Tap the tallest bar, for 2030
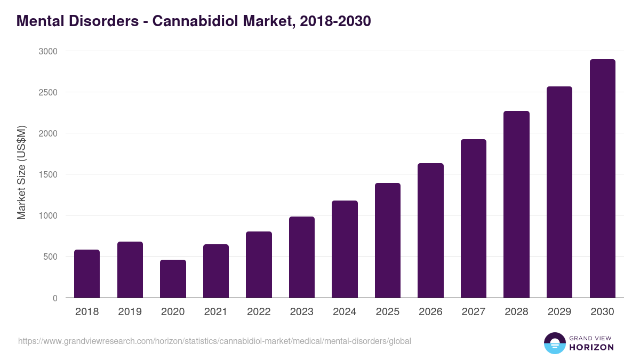[x=602, y=179]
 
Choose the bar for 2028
[x=516, y=204]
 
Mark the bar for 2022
[x=259, y=265]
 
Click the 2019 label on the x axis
[x=130, y=312]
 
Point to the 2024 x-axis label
[x=345, y=312]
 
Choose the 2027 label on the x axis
[x=473, y=312]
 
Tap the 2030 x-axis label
[x=602, y=312]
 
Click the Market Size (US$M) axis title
[x=21, y=172]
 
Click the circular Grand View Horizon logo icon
[x=554, y=343]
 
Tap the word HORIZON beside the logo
[x=591, y=347]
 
